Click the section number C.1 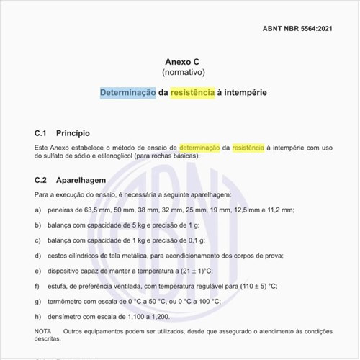tap(40, 133)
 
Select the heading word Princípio tap(73, 133)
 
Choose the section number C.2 tap(40, 180)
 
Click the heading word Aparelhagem tap(81, 180)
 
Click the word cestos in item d tap(56, 255)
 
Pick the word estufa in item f tap(56, 286)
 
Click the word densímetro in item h tap(66, 316)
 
